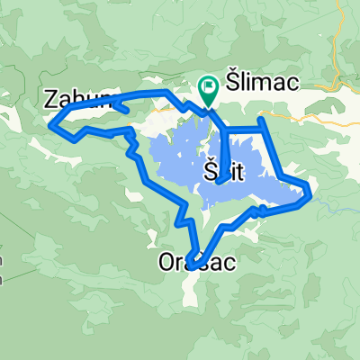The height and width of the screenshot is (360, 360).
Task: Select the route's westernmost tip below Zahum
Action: click(49, 126)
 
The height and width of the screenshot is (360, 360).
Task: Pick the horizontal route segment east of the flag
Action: click(243, 132)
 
